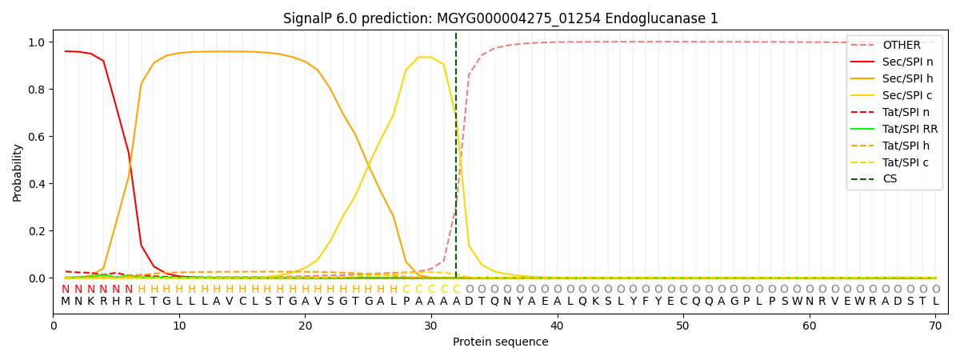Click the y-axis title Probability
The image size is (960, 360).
click(18, 172)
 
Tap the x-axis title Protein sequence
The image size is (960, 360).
click(500, 342)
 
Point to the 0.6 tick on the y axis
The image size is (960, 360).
click(37, 137)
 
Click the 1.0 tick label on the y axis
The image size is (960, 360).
click(37, 42)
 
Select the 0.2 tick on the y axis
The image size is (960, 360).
click(37, 231)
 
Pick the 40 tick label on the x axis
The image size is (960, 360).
click(557, 326)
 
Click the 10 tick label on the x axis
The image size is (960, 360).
click(179, 326)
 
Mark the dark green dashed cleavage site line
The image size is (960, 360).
click(456, 160)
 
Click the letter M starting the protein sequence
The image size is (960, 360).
click(66, 302)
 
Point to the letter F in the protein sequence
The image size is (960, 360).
click(645, 302)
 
